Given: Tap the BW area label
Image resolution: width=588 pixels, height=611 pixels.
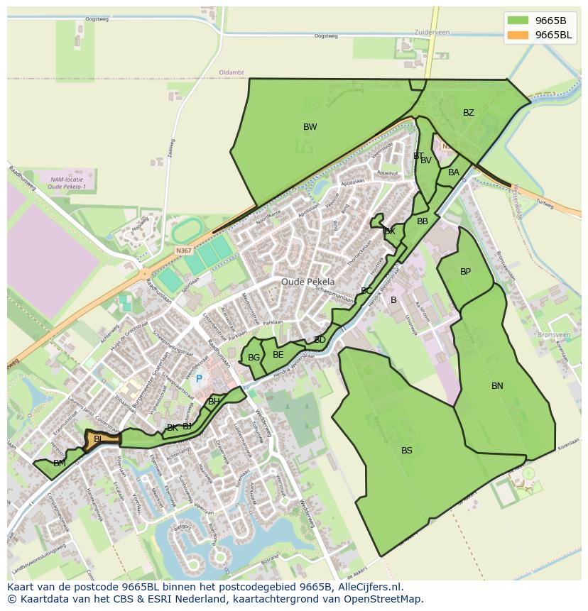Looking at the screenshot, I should (310, 127).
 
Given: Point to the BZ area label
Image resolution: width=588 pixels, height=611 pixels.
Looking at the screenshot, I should (468, 113).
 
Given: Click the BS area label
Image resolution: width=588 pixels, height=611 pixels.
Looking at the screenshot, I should (406, 451).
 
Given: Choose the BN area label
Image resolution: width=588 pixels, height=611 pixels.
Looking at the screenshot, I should (497, 386).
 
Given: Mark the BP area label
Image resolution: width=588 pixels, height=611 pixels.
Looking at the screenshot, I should (465, 272).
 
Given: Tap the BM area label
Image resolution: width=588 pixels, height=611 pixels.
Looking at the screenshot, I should (60, 463).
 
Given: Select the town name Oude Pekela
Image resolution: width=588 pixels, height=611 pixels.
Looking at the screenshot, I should (307, 282).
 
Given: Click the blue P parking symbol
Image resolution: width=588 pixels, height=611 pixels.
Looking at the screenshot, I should (199, 379).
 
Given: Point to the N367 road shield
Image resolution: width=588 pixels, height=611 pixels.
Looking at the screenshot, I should (184, 251).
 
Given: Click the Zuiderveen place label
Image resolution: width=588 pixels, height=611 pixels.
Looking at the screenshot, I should (432, 33).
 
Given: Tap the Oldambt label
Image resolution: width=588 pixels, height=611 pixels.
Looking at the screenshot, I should (232, 72).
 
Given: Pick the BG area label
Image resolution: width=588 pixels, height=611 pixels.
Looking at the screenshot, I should (254, 358).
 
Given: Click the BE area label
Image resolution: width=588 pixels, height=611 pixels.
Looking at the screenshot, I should (278, 355).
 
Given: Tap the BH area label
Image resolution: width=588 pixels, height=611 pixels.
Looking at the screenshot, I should (214, 402).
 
